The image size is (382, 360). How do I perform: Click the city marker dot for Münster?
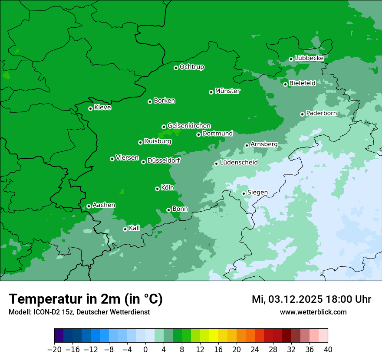click(x=211, y=92)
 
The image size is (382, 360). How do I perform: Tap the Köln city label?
click(x=168, y=188)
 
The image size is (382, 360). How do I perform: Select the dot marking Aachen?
click(x=89, y=206)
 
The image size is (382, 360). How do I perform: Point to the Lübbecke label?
click(x=309, y=58)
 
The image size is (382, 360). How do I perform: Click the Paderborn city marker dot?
click(x=303, y=114)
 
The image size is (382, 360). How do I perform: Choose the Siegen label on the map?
click(x=257, y=193)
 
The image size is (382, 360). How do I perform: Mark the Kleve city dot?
click(x=90, y=108)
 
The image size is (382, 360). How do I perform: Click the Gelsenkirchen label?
click(x=189, y=126)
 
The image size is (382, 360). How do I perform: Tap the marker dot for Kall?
click(x=125, y=229)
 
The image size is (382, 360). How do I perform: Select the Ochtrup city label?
click(x=192, y=67)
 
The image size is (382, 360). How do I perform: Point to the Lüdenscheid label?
click(x=239, y=163)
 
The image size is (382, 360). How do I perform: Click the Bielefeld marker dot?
click(x=286, y=84)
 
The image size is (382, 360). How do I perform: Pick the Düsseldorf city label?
click(x=164, y=160)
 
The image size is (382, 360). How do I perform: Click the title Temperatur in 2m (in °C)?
click(x=86, y=299)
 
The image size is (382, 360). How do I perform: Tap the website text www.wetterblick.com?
click(x=313, y=312)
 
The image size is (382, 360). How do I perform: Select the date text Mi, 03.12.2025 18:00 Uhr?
click(x=311, y=299)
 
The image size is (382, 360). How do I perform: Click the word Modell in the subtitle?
click(x=19, y=312)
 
